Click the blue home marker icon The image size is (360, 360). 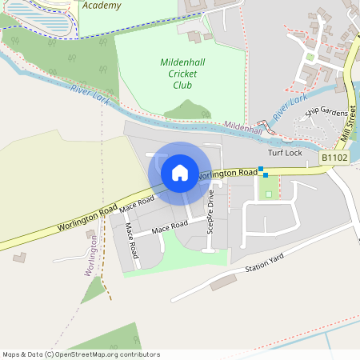click(x=180, y=173)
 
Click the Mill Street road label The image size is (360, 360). click(x=349, y=124)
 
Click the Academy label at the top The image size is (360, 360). click(x=102, y=6)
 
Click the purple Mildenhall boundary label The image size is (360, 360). click(x=243, y=126)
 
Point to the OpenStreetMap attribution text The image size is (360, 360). click(x=81, y=354)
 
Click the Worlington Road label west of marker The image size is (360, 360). click(x=88, y=216)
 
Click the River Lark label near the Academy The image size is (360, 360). click(x=90, y=94)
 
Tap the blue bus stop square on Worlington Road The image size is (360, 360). click(x=262, y=170)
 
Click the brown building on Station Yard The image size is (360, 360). click(x=224, y=282)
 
